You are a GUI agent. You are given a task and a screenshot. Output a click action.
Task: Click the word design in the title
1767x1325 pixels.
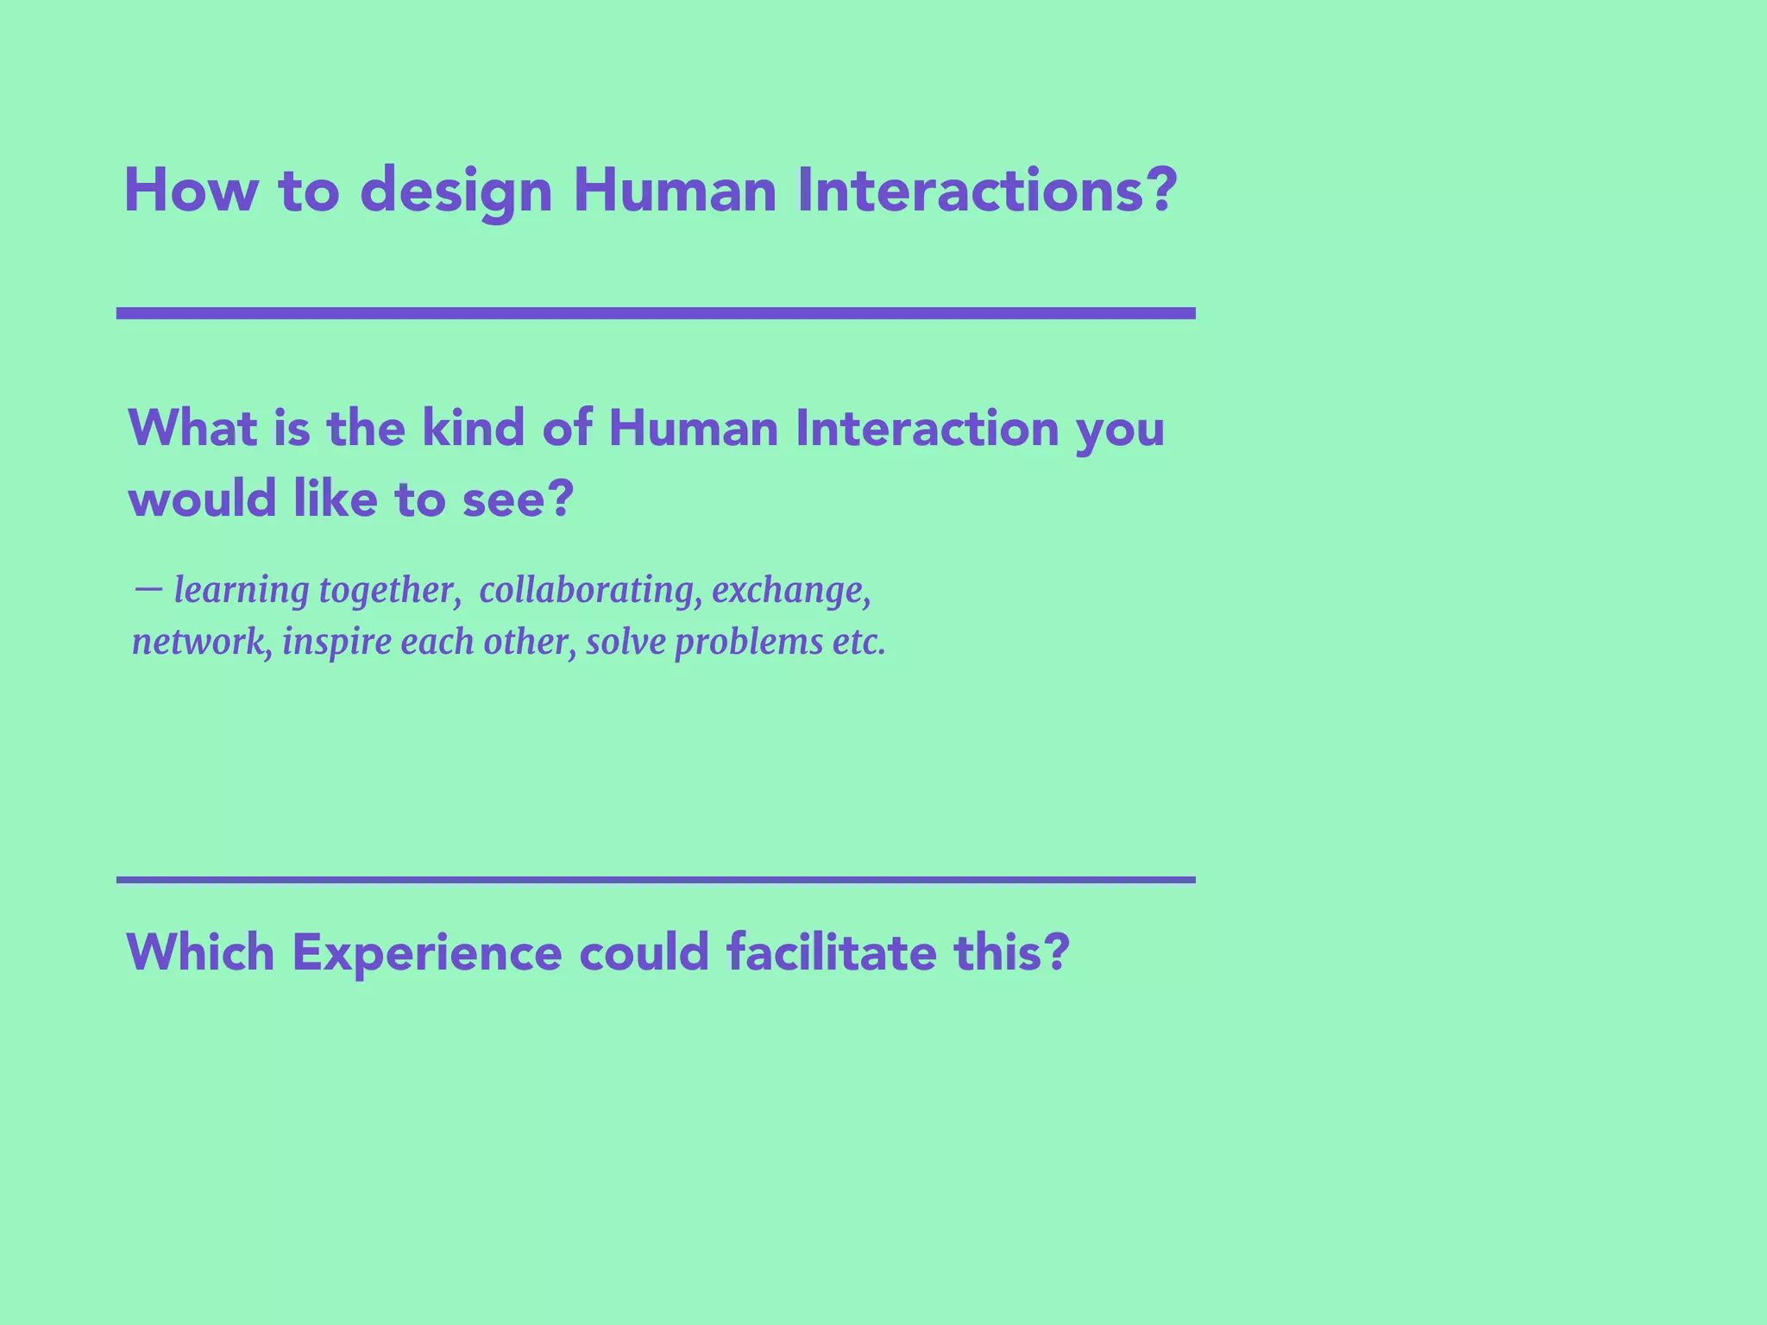pos(456,192)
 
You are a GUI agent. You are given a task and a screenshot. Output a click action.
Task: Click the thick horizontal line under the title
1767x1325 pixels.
pos(656,313)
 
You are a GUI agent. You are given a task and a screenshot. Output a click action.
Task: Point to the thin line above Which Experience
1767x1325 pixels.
pos(656,880)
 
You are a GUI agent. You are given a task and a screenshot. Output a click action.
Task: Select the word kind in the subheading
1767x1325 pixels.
pos(473,428)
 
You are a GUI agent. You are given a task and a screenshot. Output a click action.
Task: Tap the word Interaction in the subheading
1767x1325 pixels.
pos(927,428)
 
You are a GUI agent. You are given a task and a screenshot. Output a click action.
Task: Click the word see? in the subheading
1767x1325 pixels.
pos(518,500)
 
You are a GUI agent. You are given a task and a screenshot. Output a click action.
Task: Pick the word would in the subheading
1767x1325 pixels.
pos(201,500)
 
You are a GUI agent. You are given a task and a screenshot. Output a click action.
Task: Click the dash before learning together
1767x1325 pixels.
pos(148,589)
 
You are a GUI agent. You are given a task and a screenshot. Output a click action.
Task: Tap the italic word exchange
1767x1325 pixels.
pos(790,590)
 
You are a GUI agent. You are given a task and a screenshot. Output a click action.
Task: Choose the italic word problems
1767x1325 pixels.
pos(749,643)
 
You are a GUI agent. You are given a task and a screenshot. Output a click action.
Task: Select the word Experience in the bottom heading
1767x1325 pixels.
pos(427,953)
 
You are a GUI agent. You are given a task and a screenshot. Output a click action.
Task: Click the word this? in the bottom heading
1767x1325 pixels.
pos(1011,953)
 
